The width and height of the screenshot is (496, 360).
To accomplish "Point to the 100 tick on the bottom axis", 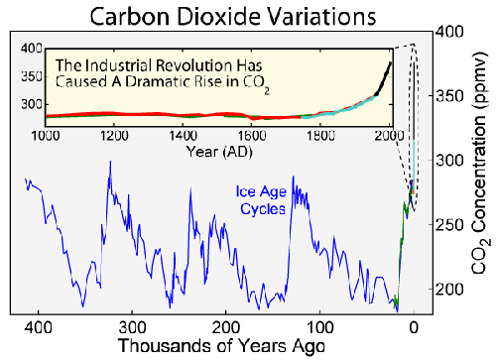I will pos(319,324).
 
